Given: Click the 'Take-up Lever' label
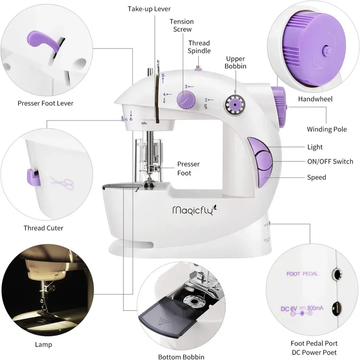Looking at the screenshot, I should click(x=149, y=9).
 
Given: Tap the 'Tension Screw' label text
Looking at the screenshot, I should click(x=181, y=25).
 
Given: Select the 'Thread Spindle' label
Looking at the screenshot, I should click(x=199, y=47).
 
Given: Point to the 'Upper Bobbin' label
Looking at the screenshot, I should click(x=236, y=62).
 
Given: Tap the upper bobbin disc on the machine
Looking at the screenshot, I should click(x=234, y=104).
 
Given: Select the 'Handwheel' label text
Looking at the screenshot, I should click(x=315, y=99).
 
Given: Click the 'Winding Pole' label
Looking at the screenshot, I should click(x=327, y=129).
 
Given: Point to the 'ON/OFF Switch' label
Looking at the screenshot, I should click(x=330, y=161).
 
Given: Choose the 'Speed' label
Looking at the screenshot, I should click(x=316, y=177).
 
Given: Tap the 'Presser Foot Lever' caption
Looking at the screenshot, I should click(x=45, y=103).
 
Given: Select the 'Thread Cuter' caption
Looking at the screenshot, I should click(x=43, y=228).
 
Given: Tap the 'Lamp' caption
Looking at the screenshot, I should click(x=44, y=345).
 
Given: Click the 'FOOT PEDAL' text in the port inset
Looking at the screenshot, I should click(x=301, y=273).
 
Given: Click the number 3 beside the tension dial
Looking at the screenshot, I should click(x=186, y=86).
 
